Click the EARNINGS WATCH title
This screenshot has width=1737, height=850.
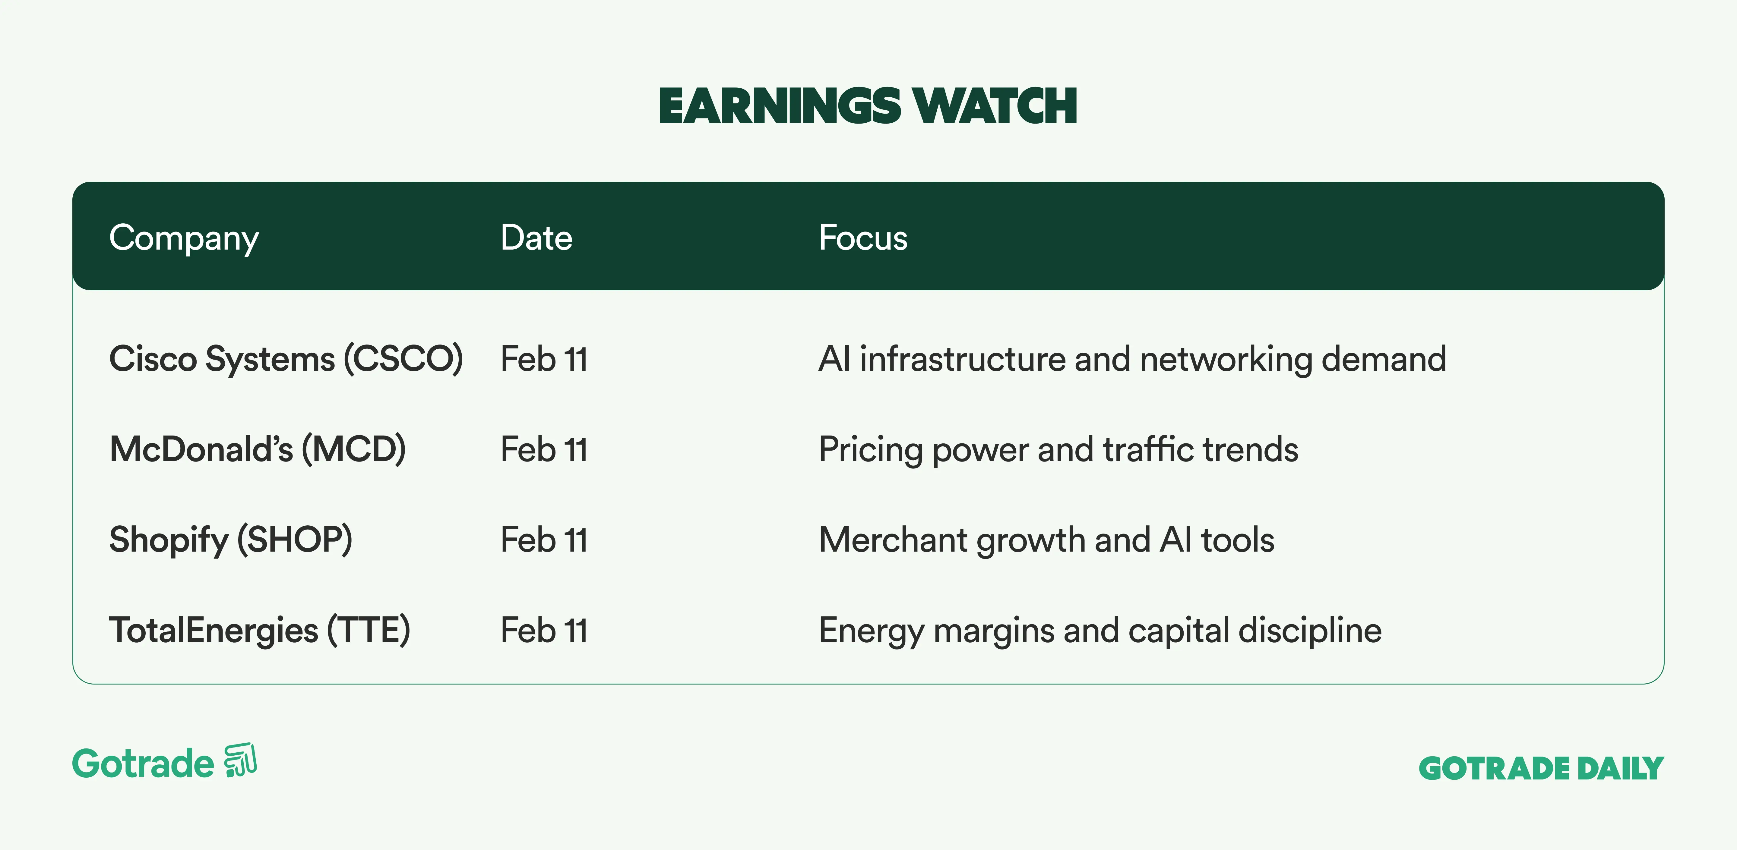point(868,106)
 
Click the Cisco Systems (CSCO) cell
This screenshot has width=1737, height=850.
point(286,359)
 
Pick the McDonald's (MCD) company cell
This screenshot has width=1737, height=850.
point(258,449)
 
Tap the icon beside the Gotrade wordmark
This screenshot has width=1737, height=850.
point(241,760)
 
